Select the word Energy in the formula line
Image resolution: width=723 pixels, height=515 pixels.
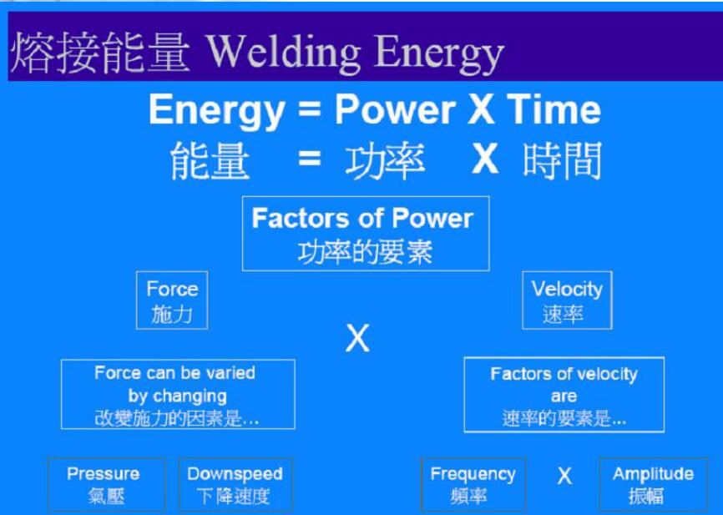coord(216,110)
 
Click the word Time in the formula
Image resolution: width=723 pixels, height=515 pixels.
coord(554,110)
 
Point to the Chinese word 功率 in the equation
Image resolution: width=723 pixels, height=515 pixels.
coord(385,160)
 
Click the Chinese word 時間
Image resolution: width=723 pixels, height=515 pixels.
coord(562,160)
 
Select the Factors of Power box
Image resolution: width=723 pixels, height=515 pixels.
coord(365,234)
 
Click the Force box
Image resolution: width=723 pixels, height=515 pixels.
coord(172,300)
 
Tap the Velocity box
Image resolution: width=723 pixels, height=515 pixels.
coord(567,300)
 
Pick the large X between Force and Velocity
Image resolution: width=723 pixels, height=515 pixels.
coord(357,339)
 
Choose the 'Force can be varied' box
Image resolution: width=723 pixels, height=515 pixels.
coord(178,395)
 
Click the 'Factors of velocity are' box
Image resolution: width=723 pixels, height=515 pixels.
coord(564,395)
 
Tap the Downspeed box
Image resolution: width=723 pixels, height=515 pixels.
coord(235,484)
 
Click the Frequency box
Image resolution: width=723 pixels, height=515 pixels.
coord(473,484)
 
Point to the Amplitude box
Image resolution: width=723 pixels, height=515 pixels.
coord(653,484)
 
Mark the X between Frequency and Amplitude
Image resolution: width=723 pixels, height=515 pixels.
coord(564,477)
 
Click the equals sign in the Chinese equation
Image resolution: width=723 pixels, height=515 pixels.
coord(309,159)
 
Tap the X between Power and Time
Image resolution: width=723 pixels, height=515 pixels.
coord(481,110)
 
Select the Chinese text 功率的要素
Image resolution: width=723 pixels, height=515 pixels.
coord(365,251)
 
